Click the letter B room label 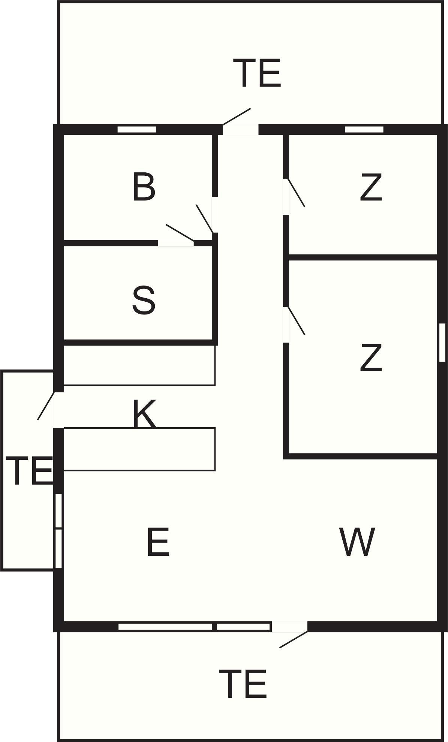click(x=144, y=187)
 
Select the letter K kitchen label click(x=145, y=413)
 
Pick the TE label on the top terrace click(x=257, y=73)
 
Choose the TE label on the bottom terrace click(x=243, y=684)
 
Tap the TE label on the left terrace click(x=28, y=471)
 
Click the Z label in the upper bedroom click(x=371, y=187)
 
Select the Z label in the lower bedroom click(x=371, y=358)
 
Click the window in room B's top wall click(x=136, y=130)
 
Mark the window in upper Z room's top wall click(x=364, y=130)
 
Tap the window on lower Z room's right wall click(x=442, y=343)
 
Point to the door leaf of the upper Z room click(x=296, y=193)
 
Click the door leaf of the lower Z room click(x=296, y=321)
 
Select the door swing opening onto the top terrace click(x=237, y=117)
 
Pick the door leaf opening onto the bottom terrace click(x=294, y=639)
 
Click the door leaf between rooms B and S click(x=180, y=233)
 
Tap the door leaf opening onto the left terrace click(x=46, y=406)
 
